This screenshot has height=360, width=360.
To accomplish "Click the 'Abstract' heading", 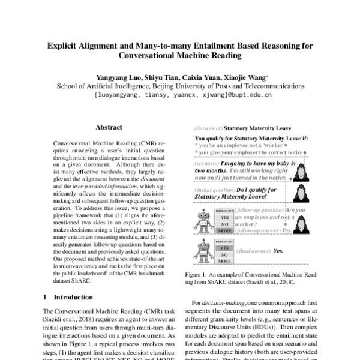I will [109, 127].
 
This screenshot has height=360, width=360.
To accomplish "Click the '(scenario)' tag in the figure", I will [208, 163].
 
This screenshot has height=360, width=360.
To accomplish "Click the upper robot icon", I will [204, 222].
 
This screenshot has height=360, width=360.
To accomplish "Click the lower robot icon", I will [204, 252].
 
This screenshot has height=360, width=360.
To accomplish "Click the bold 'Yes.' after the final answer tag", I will [278, 251].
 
